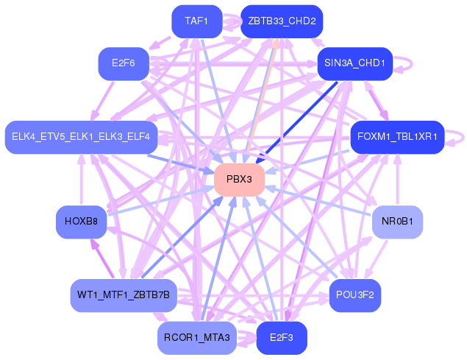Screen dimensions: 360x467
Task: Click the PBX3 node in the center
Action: coord(239,180)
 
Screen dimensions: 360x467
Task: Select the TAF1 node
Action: coord(196,21)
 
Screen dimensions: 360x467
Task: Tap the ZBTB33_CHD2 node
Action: coord(282,21)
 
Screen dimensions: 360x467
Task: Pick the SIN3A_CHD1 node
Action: coord(354,63)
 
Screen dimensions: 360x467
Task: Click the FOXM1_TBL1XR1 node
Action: coord(397,137)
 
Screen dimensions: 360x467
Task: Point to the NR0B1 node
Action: coord(397,222)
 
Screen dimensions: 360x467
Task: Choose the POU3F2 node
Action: coord(355,294)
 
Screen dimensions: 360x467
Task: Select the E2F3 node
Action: coord(282,338)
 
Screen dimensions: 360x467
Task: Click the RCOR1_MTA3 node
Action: coord(197,338)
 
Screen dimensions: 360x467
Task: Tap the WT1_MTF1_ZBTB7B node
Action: coord(124,294)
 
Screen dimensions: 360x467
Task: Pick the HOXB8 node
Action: coord(82,222)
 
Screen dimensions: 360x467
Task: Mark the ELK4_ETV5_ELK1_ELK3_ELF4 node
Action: coord(81,137)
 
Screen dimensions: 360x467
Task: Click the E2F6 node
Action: coord(124,63)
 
